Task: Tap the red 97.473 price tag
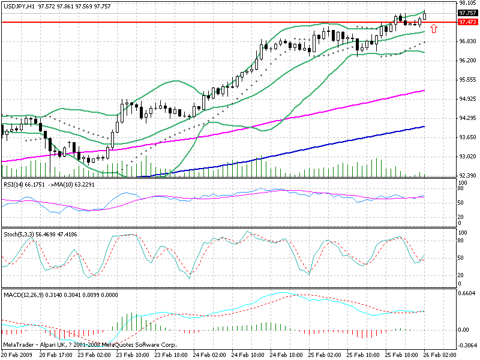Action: (467, 22)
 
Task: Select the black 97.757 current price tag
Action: (467, 13)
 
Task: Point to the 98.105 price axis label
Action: (467, 3)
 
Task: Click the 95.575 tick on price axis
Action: (467, 80)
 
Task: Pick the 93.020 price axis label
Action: (467, 157)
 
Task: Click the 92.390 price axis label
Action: (467, 176)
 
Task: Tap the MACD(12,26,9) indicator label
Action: (23, 295)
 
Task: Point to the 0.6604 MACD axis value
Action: (467, 294)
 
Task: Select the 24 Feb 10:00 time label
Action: (250, 355)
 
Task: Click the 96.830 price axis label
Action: (467, 41)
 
